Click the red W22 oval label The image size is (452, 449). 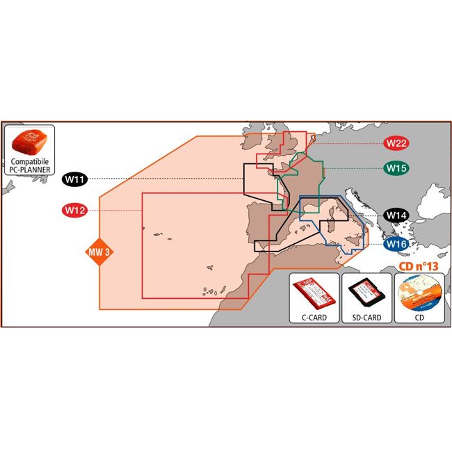[x=396, y=143]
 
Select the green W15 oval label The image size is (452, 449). [x=396, y=168]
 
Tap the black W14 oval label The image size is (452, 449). [x=396, y=215]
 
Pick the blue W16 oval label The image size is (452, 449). [x=396, y=245]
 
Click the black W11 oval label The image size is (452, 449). [x=74, y=179]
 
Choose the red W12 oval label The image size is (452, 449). [x=74, y=211]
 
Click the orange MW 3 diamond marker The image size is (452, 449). [x=99, y=252]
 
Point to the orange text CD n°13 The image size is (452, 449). [x=418, y=266]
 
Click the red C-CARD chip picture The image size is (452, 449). [x=314, y=293]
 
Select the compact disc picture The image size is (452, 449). [x=420, y=294]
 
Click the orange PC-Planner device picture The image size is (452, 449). [x=29, y=142]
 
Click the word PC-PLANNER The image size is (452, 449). [x=30, y=170]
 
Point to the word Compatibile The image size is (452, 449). [x=30, y=162]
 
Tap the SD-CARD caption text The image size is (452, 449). [x=366, y=318]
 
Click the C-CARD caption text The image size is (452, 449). [x=314, y=318]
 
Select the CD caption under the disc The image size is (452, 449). [x=419, y=318]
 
